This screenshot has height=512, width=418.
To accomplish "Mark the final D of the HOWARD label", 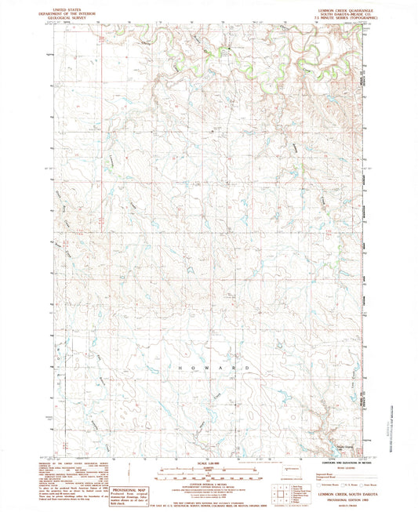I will click(x=249, y=368).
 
